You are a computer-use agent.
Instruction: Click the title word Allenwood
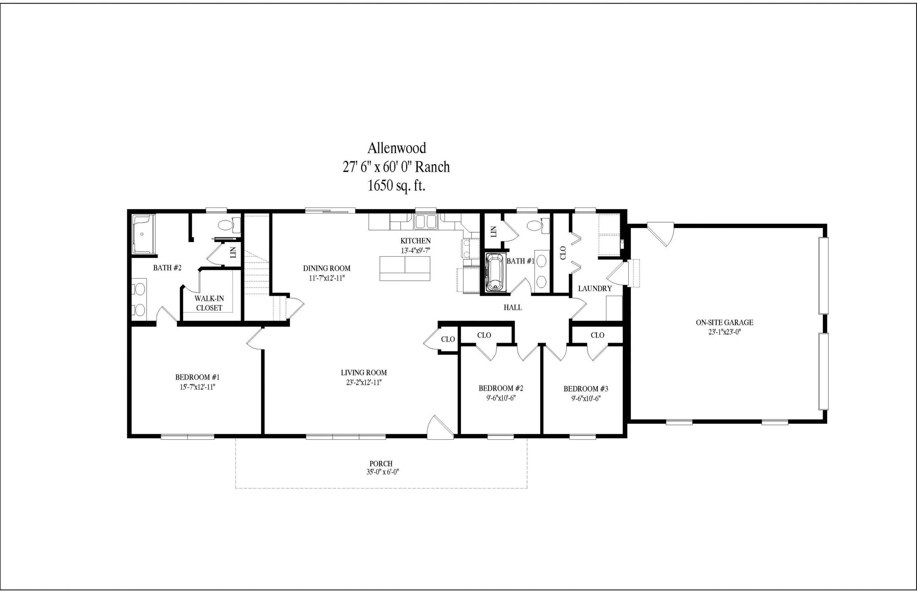[396, 148]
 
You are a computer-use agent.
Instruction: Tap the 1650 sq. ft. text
[396, 186]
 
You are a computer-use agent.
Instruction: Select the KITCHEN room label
[415, 241]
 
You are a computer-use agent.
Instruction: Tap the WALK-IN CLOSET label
[209, 303]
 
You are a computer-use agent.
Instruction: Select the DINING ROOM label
[326, 268]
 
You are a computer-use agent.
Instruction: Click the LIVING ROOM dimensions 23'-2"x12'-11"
[363, 382]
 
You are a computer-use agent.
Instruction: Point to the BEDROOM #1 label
[197, 377]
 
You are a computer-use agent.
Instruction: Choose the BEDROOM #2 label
[501, 388]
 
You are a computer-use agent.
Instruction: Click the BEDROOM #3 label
[586, 389]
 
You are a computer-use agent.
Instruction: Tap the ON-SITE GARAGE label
[724, 323]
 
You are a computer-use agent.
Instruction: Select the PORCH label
[381, 464]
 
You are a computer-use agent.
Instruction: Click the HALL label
[513, 307]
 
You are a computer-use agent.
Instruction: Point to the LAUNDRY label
[595, 288]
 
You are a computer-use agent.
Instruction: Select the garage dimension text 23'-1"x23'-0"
[724, 332]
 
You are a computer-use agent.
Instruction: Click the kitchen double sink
[425, 222]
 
